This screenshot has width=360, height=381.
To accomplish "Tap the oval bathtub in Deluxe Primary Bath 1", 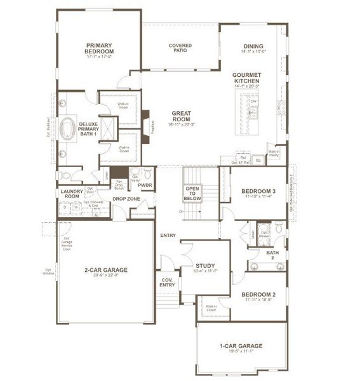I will pyautogui.click(x=66, y=130).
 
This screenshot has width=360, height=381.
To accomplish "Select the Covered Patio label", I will pyautogui.click(x=180, y=49).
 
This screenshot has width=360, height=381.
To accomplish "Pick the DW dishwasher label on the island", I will pyautogui.click(x=253, y=102).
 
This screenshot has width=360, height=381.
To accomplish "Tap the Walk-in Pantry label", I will pyautogui.click(x=274, y=152).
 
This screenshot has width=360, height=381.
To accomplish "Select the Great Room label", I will pyautogui.click(x=181, y=116).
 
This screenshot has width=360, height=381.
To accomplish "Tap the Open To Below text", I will pyautogui.click(x=192, y=193).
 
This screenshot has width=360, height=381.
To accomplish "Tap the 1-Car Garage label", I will pyautogui.click(x=241, y=345).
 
